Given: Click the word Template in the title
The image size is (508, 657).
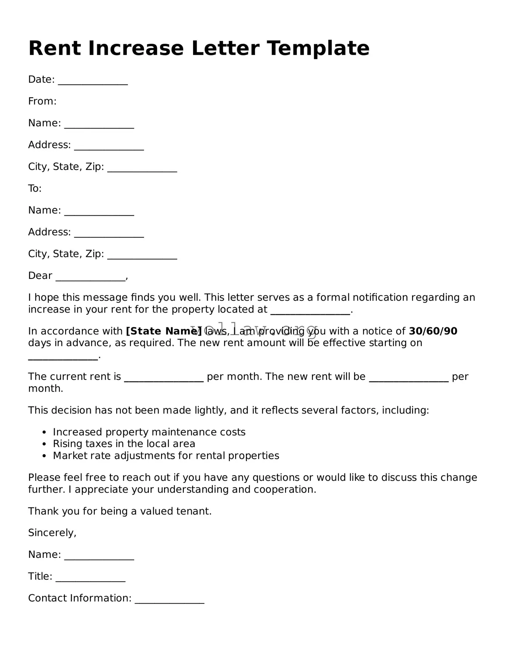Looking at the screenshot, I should click(318, 48).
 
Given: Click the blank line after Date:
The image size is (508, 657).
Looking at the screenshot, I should click(93, 81).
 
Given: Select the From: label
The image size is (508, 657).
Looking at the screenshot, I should click(42, 101).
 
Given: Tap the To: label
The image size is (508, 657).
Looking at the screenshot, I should click(35, 188).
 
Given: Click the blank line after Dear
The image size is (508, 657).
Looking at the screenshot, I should click(91, 277).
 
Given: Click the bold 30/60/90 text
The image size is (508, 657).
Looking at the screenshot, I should click(433, 331).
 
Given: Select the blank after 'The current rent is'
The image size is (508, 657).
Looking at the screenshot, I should click(164, 377).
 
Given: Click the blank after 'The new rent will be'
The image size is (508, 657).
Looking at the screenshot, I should click(408, 377).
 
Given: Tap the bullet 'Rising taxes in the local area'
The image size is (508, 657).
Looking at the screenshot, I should click(124, 444).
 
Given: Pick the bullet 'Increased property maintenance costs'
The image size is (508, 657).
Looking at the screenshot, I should click(149, 432).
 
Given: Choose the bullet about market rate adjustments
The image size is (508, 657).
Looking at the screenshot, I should click(166, 456).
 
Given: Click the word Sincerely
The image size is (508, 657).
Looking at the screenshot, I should click(52, 533).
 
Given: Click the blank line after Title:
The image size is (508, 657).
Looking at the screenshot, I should click(91, 577).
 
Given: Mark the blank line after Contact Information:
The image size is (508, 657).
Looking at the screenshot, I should click(169, 599).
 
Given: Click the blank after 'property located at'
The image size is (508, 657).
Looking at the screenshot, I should click(310, 311).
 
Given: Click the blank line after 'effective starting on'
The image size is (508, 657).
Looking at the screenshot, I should click(63, 356).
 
